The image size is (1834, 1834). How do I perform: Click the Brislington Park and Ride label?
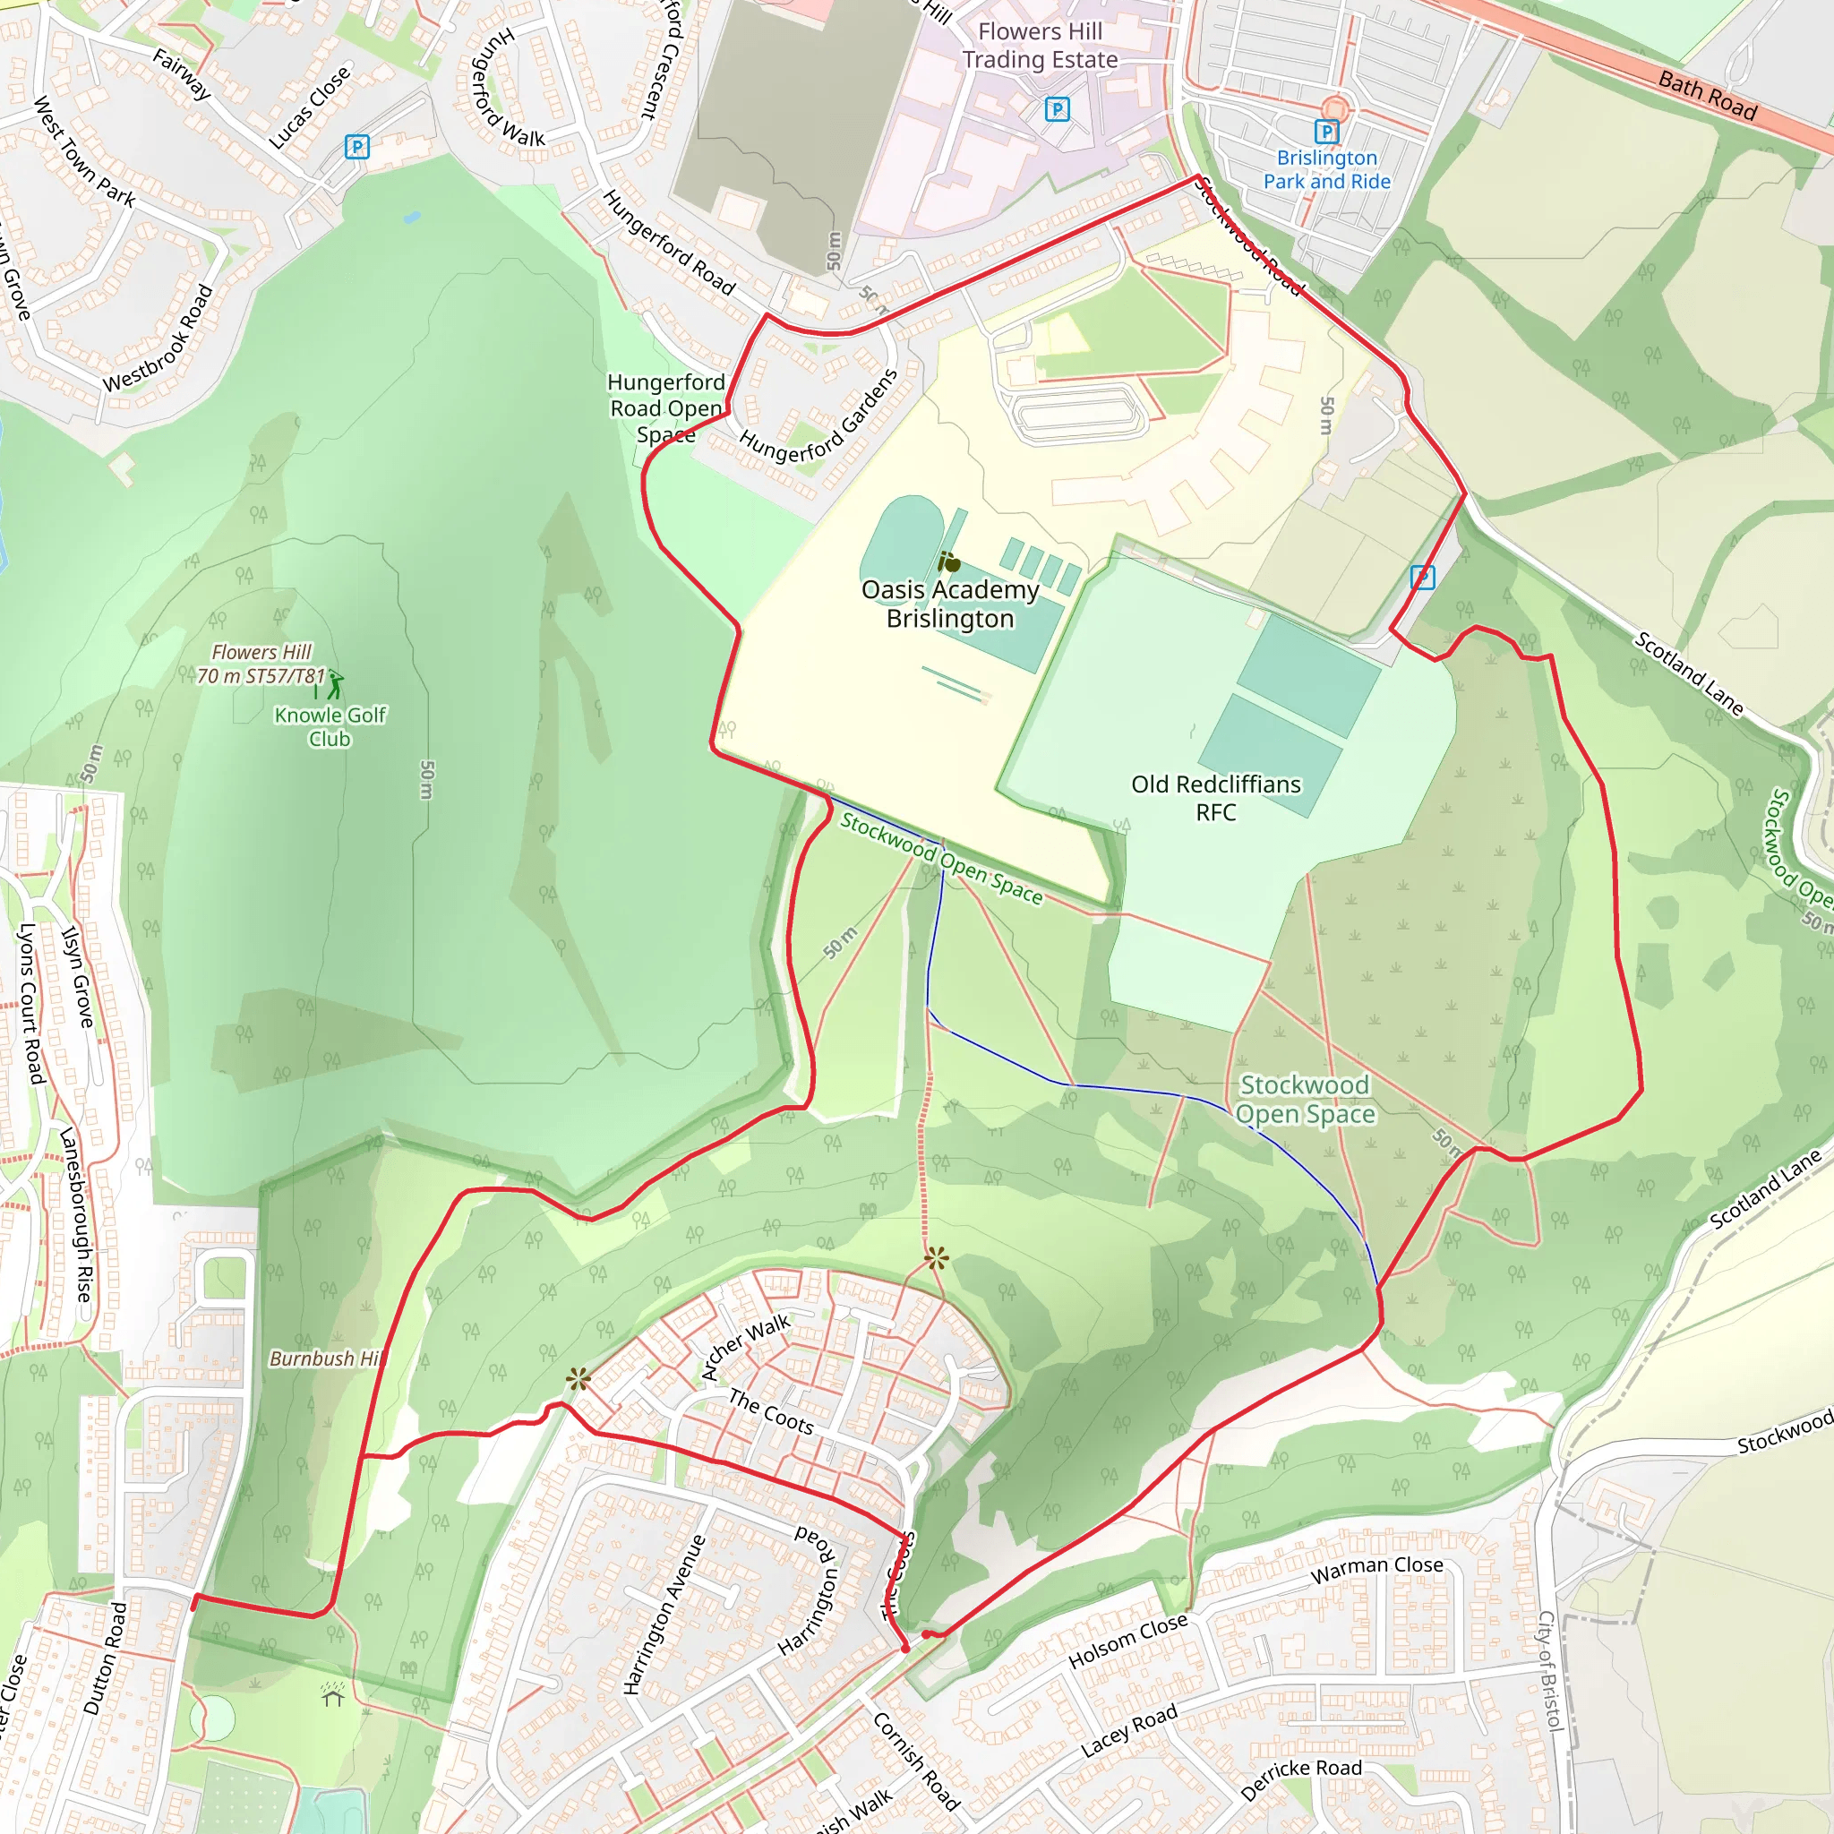click(x=1326, y=170)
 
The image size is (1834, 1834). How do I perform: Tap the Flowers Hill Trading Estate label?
click(x=1040, y=46)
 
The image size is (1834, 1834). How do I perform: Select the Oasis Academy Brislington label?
click(x=949, y=604)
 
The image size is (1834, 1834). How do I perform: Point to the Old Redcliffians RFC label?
click(x=1215, y=797)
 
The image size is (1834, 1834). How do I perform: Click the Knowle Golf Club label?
click(x=330, y=726)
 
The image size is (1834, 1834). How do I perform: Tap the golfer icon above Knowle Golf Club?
click(x=334, y=683)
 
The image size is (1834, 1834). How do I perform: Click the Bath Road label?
click(x=1707, y=96)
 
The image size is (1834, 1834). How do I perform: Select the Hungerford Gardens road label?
click(x=818, y=416)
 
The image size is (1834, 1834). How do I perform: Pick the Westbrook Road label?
click(x=159, y=338)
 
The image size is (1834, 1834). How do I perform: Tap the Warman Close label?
click(x=1376, y=1568)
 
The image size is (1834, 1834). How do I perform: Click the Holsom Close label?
click(x=1127, y=1641)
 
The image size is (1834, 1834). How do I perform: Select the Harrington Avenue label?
click(x=664, y=1614)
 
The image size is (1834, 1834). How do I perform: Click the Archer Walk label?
click(x=745, y=1346)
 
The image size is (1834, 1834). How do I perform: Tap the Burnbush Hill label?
click(x=326, y=1358)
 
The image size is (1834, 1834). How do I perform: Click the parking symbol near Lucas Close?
click(x=357, y=147)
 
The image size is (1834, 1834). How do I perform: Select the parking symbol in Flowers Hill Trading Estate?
click(x=1057, y=109)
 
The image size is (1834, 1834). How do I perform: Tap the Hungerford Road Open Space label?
click(x=666, y=408)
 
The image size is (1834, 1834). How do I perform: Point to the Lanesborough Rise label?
click(x=76, y=1215)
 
